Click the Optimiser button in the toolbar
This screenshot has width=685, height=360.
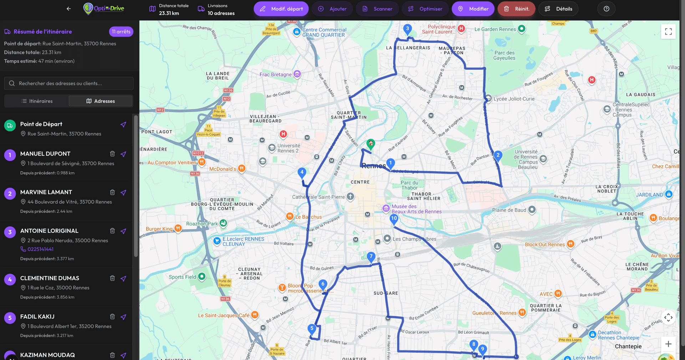pos(425,9)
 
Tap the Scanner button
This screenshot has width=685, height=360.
pos(378,9)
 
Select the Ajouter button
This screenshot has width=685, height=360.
pos(332,9)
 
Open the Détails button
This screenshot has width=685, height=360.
pos(558,9)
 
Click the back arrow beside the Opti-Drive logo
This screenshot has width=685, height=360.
pos(69,9)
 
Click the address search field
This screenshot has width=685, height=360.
pos(69,83)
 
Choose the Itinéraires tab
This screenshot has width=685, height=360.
pos(37,101)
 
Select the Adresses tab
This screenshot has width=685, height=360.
pos(101,101)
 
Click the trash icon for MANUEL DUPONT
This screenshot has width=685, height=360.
pos(112,154)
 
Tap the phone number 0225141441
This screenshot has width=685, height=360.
pos(40,249)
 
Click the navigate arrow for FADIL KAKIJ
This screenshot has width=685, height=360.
pos(123,317)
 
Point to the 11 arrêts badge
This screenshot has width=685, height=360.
pos(121,32)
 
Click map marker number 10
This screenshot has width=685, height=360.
pos(394,219)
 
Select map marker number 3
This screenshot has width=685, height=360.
pos(407,29)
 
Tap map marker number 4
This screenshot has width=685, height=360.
pos(302,172)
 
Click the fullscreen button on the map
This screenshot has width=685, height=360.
pos(668,32)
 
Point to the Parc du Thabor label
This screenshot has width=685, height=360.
pos(409,185)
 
